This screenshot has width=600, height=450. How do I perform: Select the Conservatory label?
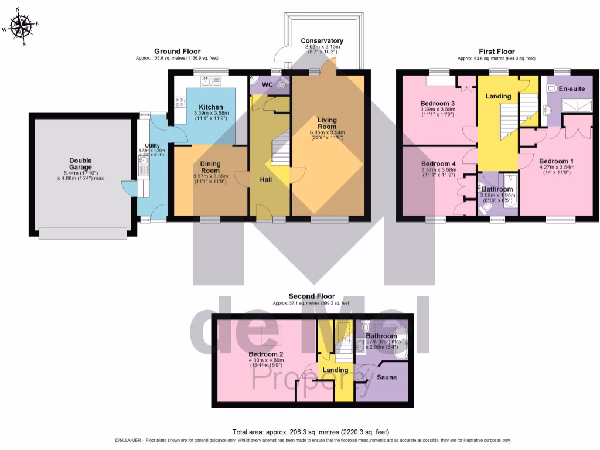(x=322, y=40)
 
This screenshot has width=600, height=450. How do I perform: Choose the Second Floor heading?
(x=311, y=296)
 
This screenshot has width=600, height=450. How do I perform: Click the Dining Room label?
(x=210, y=167)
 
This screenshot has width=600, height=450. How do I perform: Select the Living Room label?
(x=327, y=123)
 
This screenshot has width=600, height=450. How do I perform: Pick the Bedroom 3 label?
(x=438, y=103)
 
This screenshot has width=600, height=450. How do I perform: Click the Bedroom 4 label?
(x=438, y=163)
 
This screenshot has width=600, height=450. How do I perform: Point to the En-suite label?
(x=572, y=89)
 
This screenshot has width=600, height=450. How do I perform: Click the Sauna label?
(x=386, y=377)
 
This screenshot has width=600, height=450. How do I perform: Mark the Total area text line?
(x=311, y=432)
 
